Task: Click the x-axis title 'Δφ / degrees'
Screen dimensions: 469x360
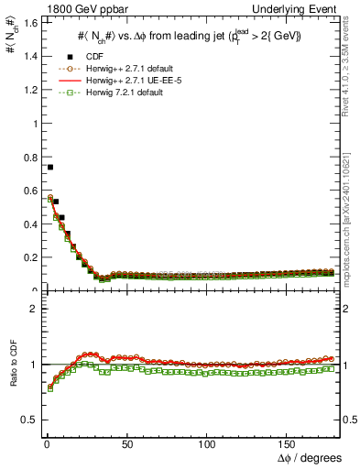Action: click(x=311, y=458)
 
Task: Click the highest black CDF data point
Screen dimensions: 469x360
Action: click(x=49, y=167)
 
